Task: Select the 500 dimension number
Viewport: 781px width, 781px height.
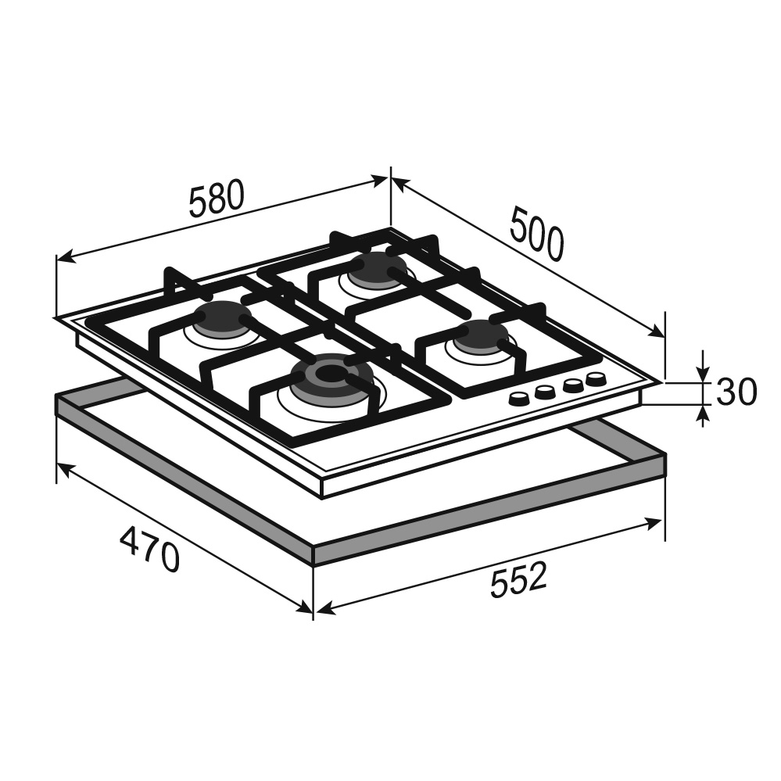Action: coord(537,235)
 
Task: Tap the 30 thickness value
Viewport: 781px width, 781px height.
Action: coord(736,391)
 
